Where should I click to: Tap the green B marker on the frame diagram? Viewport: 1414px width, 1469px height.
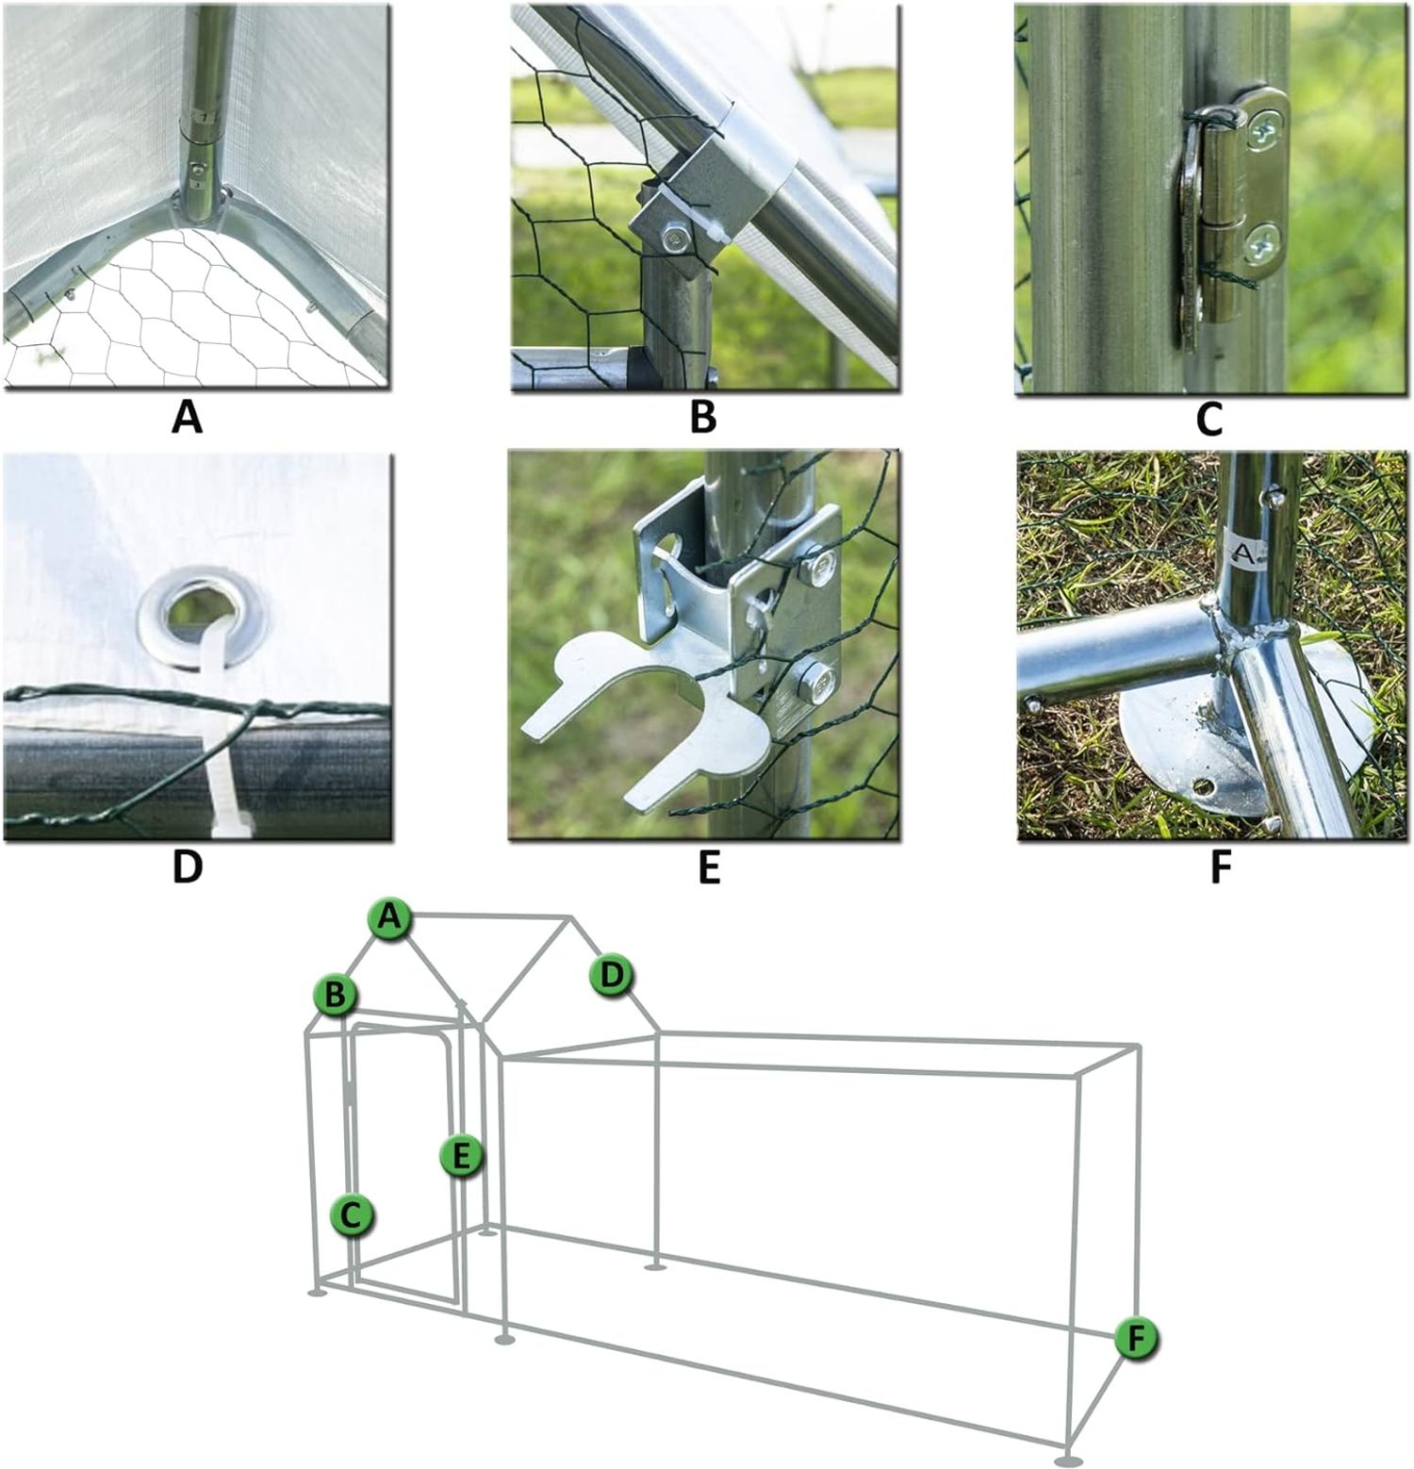pos(336,994)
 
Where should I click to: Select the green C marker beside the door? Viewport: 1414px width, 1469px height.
pos(352,1215)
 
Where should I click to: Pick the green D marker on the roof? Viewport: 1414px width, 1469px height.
pos(613,974)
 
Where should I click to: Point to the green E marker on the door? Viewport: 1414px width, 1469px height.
pos(461,1155)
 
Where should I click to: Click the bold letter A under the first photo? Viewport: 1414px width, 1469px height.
pos(188,417)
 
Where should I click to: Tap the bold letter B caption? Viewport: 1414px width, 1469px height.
pos(703,417)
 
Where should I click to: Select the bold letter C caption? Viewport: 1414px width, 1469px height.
pos(1208,420)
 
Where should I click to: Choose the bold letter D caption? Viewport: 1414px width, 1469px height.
pos(188,867)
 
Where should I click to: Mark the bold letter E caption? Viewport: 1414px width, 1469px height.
pos(709,868)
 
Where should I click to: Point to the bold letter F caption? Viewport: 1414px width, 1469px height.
pos(1220,868)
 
